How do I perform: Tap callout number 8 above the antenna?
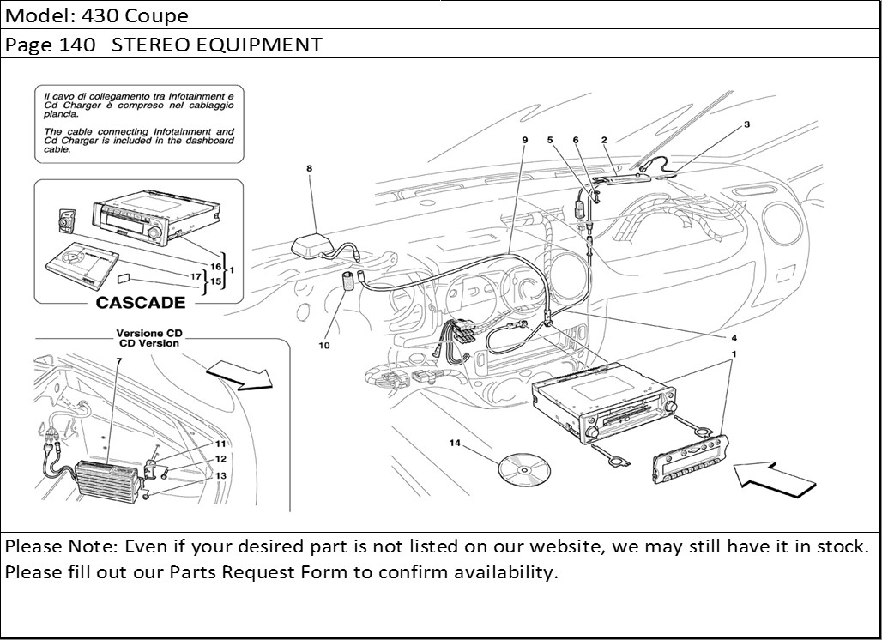tap(309, 169)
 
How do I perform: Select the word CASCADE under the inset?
tap(140, 302)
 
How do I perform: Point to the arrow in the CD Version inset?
tap(240, 375)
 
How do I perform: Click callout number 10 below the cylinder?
tap(324, 347)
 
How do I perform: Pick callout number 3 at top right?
tap(746, 124)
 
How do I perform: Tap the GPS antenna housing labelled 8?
tap(312, 246)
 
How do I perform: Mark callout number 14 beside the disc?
tap(456, 443)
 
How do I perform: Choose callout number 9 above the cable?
tap(523, 139)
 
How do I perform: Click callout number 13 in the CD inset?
tap(220, 475)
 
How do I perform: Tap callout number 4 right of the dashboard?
tap(734, 337)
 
